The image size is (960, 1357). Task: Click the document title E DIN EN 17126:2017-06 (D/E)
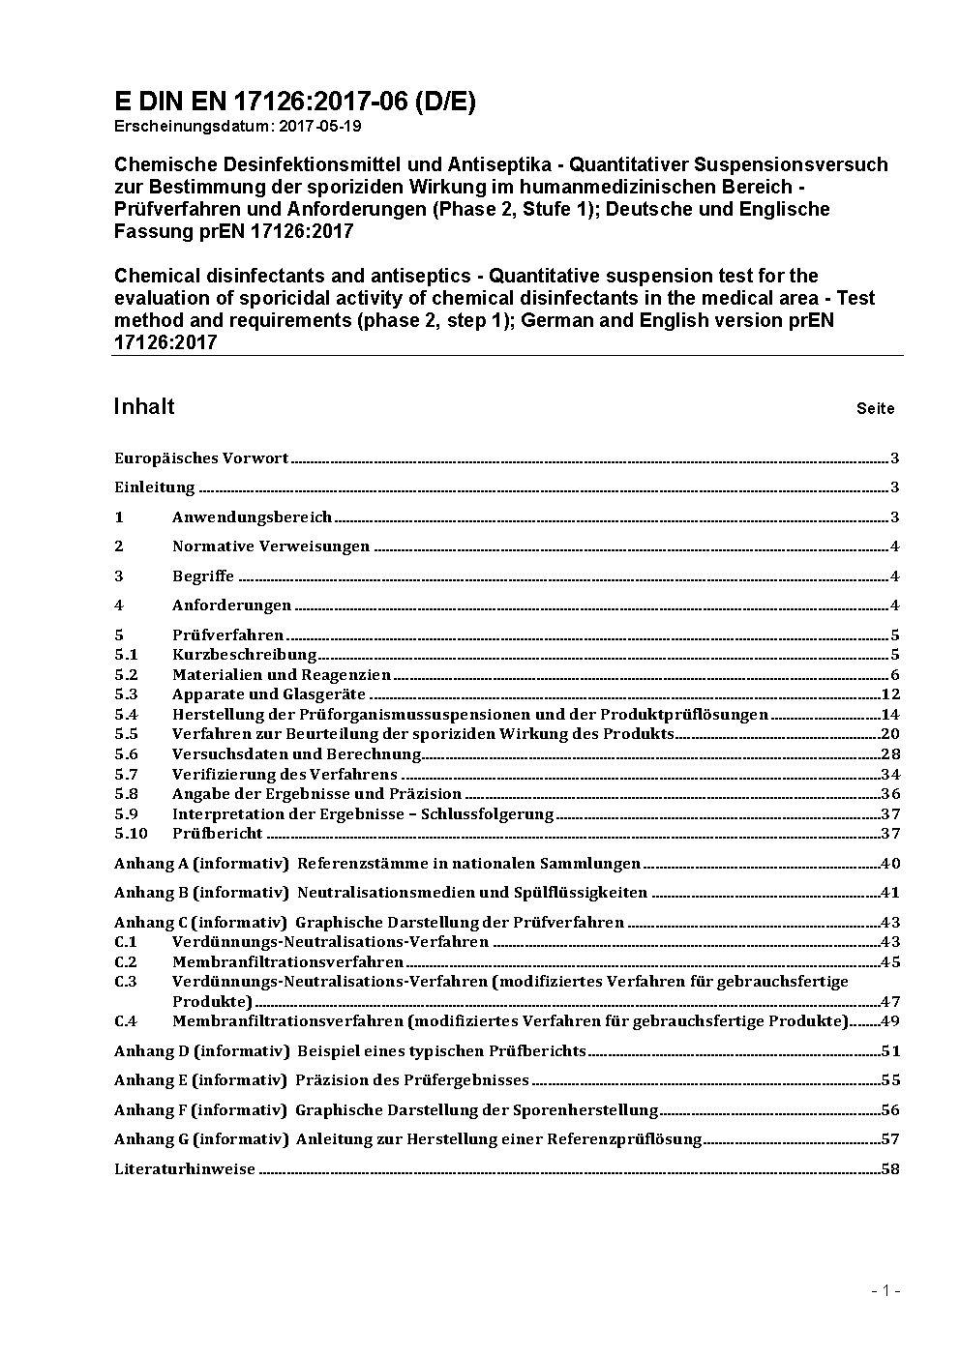click(x=295, y=102)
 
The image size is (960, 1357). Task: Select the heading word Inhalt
click(x=144, y=406)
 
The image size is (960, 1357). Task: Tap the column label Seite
click(x=875, y=408)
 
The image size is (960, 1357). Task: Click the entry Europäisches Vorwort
click(x=201, y=458)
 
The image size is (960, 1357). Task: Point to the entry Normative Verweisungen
click(x=271, y=546)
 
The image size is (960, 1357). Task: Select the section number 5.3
click(x=126, y=694)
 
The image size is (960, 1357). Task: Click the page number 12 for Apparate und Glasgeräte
click(x=890, y=694)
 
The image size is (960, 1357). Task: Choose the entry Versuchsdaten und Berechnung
click(x=296, y=754)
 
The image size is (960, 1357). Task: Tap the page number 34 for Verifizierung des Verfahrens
click(x=890, y=774)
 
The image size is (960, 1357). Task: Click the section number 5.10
click(x=131, y=834)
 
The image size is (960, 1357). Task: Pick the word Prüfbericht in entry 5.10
click(x=217, y=834)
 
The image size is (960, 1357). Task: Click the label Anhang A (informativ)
click(x=201, y=864)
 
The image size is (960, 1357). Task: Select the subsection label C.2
click(x=126, y=962)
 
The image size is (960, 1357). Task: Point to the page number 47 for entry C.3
click(x=890, y=1001)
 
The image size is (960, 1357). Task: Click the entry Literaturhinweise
click(x=185, y=1169)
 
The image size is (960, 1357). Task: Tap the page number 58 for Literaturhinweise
click(x=890, y=1169)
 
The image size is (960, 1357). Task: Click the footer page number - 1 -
click(x=885, y=1290)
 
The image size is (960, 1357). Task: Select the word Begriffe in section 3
click(x=203, y=576)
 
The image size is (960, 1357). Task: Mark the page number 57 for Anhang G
click(x=890, y=1139)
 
